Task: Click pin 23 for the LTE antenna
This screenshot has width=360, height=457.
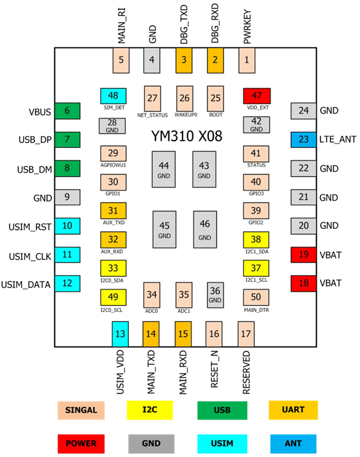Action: tap(303, 139)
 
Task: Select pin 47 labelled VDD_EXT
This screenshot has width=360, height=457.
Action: tap(256, 96)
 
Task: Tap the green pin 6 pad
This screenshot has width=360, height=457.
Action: tap(67, 111)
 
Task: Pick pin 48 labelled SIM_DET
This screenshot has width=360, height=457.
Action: tap(113, 96)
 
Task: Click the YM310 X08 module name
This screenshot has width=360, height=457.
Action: tap(187, 136)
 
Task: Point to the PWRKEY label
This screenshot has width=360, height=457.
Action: tap(247, 27)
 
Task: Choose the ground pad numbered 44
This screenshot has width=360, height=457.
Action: tap(164, 170)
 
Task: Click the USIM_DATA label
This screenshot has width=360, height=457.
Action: tap(26, 284)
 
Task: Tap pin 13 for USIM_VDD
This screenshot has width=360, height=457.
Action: tap(120, 334)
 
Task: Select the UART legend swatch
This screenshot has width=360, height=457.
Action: tap(293, 410)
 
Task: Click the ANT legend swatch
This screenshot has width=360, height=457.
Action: tap(293, 443)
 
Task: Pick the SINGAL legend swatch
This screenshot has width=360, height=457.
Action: tap(81, 410)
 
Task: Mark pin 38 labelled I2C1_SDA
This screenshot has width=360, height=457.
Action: tap(256, 239)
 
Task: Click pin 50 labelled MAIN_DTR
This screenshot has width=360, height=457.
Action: tap(256, 297)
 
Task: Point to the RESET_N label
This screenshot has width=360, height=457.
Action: tap(215, 369)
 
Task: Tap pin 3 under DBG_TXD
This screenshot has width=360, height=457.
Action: tap(184, 60)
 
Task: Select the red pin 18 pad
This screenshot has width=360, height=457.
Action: tap(303, 283)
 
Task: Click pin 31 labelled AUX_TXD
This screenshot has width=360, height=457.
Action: tap(113, 210)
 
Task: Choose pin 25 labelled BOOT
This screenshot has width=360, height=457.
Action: tap(216, 99)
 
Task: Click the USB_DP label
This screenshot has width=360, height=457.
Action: tap(35, 140)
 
